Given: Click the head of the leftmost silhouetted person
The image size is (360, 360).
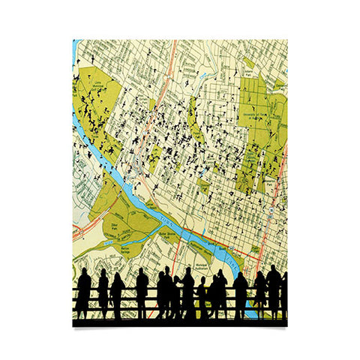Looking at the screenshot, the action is [x=84, y=274].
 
